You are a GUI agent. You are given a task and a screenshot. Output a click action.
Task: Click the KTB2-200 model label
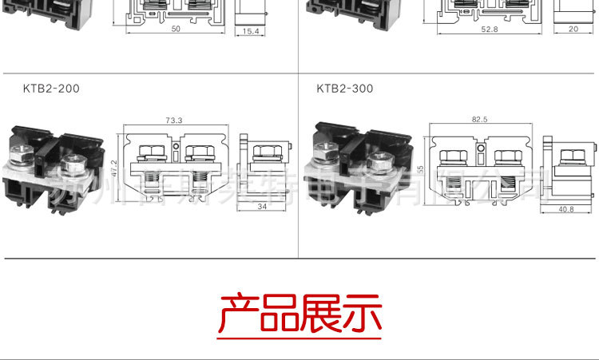[51, 89]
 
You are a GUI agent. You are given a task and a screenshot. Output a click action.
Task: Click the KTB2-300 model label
[344, 89]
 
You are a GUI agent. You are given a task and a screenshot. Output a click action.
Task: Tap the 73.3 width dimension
[173, 121]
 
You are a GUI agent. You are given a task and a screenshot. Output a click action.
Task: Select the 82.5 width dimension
[479, 119]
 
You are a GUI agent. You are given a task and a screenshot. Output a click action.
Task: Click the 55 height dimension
[420, 169]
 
